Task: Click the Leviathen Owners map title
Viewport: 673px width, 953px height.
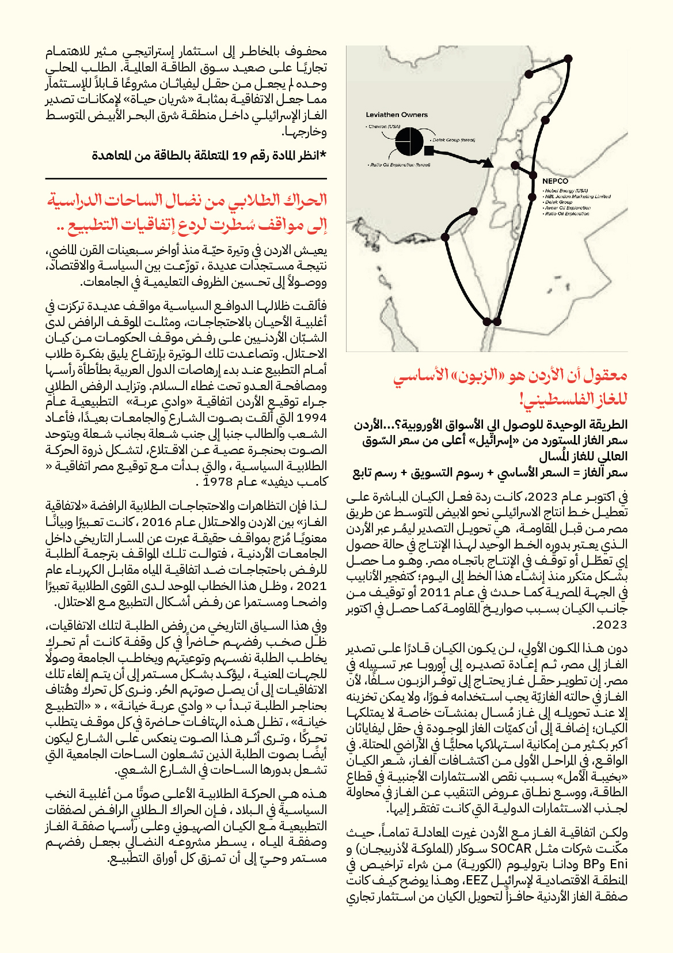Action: [x=397, y=115]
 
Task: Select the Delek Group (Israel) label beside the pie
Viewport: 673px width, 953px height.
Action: [x=454, y=139]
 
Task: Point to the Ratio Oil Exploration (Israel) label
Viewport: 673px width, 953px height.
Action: [x=399, y=165]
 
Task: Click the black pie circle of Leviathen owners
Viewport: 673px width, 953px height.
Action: [x=409, y=141]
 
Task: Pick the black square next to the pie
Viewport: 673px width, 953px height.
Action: [x=429, y=151]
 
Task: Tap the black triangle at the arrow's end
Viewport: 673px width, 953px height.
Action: [x=488, y=163]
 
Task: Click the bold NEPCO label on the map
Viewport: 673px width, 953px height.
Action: [x=555, y=181]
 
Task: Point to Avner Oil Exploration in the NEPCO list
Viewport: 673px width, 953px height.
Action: [x=568, y=208]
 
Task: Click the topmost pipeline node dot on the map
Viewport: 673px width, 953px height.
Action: [x=568, y=58]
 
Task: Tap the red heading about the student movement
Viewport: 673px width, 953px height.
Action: [x=188, y=212]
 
